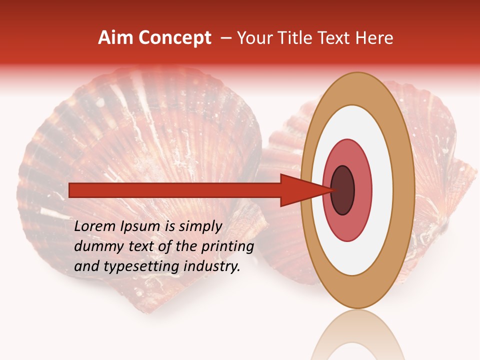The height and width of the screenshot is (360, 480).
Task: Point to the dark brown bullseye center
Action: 343,190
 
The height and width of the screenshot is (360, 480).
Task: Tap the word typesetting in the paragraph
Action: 132,267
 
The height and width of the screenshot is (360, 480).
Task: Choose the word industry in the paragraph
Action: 210,267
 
